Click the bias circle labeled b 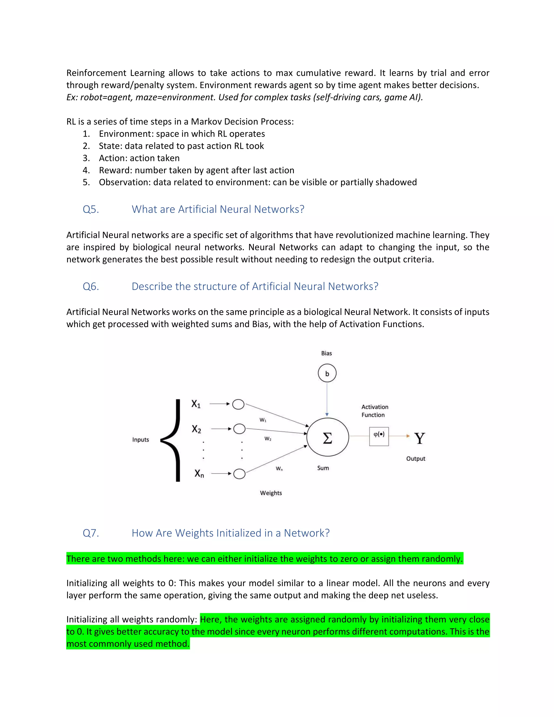[x=327, y=373]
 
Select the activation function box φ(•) [x=379, y=436]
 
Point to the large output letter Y [x=420, y=438]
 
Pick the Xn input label [x=199, y=473]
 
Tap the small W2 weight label [x=268, y=439]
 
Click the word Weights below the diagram [x=271, y=493]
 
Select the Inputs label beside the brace [x=140, y=440]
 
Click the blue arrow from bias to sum [x=327, y=399]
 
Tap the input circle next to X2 [x=239, y=429]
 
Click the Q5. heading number [x=91, y=209]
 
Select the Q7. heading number [x=91, y=533]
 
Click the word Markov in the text [x=205, y=121]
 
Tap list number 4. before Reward [x=86, y=170]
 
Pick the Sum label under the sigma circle [x=323, y=468]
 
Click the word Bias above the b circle [x=326, y=353]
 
